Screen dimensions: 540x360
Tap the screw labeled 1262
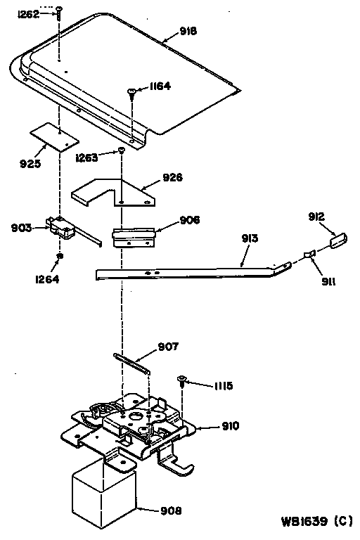[60, 9]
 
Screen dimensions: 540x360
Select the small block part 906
[134, 236]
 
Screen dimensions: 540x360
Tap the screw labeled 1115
[182, 380]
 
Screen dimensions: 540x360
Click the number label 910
[230, 425]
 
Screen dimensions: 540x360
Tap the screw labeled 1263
[122, 150]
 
